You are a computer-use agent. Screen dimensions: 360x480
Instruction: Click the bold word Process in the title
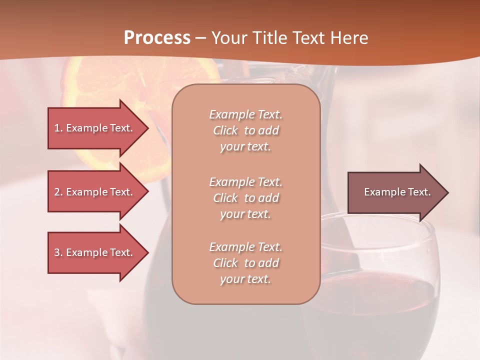click(157, 38)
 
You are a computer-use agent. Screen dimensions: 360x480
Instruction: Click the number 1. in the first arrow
click(58, 128)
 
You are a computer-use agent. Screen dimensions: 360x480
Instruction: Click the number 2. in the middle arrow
click(58, 192)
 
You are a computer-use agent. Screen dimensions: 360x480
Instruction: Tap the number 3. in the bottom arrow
click(58, 252)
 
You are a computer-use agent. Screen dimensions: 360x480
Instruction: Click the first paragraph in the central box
click(245, 130)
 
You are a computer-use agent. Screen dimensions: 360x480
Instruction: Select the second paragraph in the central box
click(245, 197)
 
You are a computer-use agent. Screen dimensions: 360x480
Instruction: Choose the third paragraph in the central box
click(245, 263)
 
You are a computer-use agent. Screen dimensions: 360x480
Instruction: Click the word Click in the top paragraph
click(225, 130)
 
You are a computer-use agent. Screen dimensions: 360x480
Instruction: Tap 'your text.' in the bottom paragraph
click(245, 279)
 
